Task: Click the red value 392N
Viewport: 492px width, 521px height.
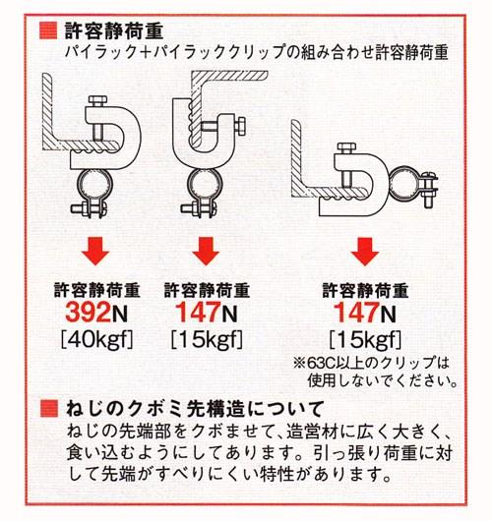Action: pos(96,313)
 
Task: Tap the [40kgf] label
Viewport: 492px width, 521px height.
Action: pos(96,339)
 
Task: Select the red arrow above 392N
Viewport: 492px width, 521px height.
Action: pos(96,251)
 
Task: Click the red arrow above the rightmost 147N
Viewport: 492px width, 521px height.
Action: pos(365,251)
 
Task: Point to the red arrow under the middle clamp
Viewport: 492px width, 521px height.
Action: pos(206,251)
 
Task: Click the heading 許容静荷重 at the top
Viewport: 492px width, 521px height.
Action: pos(114,31)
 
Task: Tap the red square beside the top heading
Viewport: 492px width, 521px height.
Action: pos(48,30)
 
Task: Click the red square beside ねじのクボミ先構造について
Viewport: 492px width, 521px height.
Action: pos(49,408)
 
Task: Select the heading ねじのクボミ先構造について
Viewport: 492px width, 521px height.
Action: pos(195,409)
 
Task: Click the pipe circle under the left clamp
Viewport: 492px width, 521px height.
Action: pos(94,187)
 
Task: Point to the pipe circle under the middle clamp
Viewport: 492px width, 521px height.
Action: pos(205,187)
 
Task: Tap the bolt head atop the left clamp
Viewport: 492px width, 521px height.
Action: pos(97,101)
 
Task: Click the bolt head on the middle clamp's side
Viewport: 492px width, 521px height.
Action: pos(240,126)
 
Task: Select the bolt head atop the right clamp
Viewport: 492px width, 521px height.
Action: pos(346,148)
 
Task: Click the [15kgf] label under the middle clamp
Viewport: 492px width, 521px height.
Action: pos(207,339)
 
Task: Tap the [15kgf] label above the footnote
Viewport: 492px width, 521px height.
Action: pos(365,339)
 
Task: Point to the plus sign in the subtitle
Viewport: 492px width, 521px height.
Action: pos(146,52)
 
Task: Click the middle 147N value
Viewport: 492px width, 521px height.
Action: pos(207,313)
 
